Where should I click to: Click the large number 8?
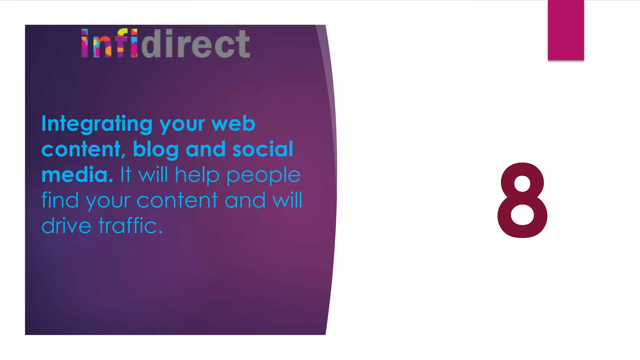[x=522, y=200]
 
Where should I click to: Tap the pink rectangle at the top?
[x=566, y=30]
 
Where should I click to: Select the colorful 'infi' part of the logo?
[x=109, y=44]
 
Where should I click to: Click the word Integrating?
[x=97, y=124]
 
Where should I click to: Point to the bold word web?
[x=233, y=124]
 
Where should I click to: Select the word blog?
[x=156, y=149]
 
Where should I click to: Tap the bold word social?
[x=262, y=149]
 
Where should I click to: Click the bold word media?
[x=77, y=175]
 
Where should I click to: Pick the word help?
[x=197, y=175]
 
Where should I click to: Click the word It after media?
[x=126, y=175]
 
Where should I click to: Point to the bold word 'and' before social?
[x=205, y=149]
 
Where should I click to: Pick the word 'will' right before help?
[x=153, y=175]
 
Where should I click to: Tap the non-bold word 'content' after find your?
[x=177, y=200]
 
